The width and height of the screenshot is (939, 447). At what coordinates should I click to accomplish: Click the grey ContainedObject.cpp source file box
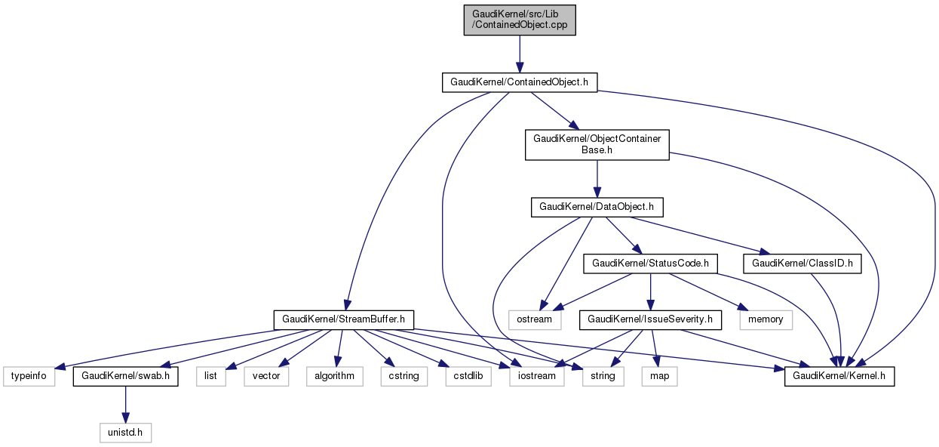[520, 20]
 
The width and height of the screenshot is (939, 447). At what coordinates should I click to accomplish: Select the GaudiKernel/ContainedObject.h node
[519, 82]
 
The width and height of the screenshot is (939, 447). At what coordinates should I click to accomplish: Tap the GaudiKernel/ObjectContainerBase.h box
[597, 144]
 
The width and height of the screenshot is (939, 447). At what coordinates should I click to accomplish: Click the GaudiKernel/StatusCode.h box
[650, 263]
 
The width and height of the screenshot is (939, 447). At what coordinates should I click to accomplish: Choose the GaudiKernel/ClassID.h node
[802, 263]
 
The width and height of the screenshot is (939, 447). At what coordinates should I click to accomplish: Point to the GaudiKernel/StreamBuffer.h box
[343, 319]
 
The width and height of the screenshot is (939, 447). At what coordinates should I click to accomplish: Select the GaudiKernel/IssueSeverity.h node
[650, 319]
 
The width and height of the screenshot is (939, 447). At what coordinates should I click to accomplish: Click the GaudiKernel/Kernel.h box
[839, 375]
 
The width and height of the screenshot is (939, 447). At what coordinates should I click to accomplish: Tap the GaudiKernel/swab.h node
[125, 375]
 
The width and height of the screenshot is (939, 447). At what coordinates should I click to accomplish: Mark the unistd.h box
[125, 433]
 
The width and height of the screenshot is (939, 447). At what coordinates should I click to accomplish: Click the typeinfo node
[29, 375]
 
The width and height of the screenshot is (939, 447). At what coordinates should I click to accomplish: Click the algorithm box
[334, 375]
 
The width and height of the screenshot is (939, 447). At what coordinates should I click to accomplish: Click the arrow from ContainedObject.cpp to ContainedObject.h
[519, 53]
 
